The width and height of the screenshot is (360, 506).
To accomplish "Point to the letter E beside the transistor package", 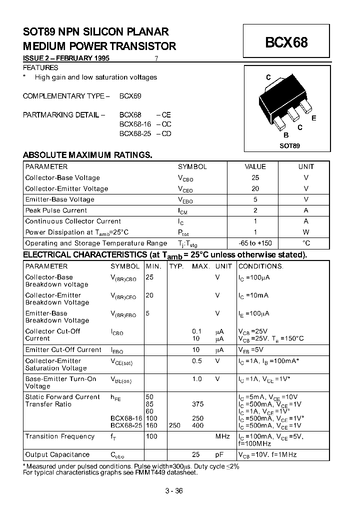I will (x=313, y=118).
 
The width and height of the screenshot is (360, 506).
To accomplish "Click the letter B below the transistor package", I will (x=286, y=135).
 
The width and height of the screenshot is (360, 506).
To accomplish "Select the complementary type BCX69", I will (x=130, y=95).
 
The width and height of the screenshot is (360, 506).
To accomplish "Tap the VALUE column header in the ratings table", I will (x=255, y=167).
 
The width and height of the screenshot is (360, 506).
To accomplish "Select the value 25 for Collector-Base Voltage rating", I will (x=255, y=178).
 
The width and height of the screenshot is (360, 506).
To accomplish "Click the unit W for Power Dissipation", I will (x=306, y=232).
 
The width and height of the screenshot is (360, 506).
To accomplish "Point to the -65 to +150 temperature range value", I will (x=255, y=243).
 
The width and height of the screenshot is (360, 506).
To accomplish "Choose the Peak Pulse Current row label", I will (x=56, y=210).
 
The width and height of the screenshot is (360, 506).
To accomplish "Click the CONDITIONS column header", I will (x=260, y=266).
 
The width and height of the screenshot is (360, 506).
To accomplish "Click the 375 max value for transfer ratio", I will (x=198, y=404).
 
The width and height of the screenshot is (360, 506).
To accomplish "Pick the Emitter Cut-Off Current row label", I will (x=63, y=349).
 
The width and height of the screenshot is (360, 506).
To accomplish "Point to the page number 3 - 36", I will (x=173, y=490).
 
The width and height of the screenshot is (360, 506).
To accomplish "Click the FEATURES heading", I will (x=41, y=67).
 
